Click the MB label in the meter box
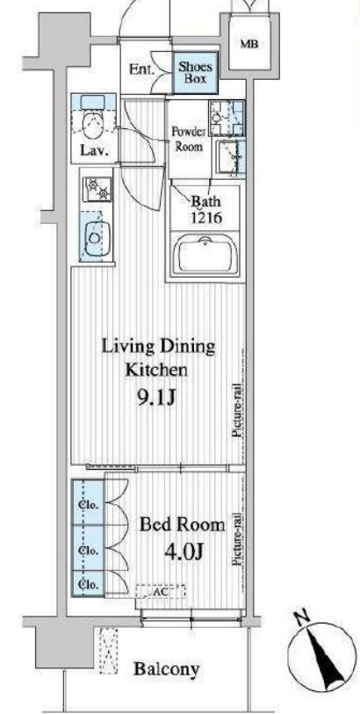point(249,45)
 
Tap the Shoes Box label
point(195,73)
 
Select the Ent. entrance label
point(142,70)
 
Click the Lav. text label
point(95,151)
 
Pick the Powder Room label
point(187,140)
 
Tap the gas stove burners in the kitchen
point(97,190)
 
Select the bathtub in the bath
point(206,254)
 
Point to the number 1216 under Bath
point(205,217)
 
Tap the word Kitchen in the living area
point(156,369)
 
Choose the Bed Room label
point(182,525)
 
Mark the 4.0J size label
point(184,552)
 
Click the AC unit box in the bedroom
point(161,592)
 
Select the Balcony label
point(167,669)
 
